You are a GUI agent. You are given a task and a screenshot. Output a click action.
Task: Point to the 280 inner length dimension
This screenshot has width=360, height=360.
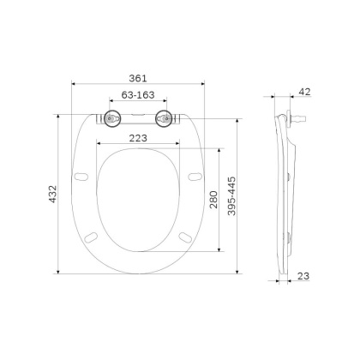(213, 200)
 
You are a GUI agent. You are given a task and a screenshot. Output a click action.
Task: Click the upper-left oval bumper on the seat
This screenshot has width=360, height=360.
(84, 177)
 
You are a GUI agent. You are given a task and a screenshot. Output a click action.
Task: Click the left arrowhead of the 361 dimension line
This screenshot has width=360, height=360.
(72, 84)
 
